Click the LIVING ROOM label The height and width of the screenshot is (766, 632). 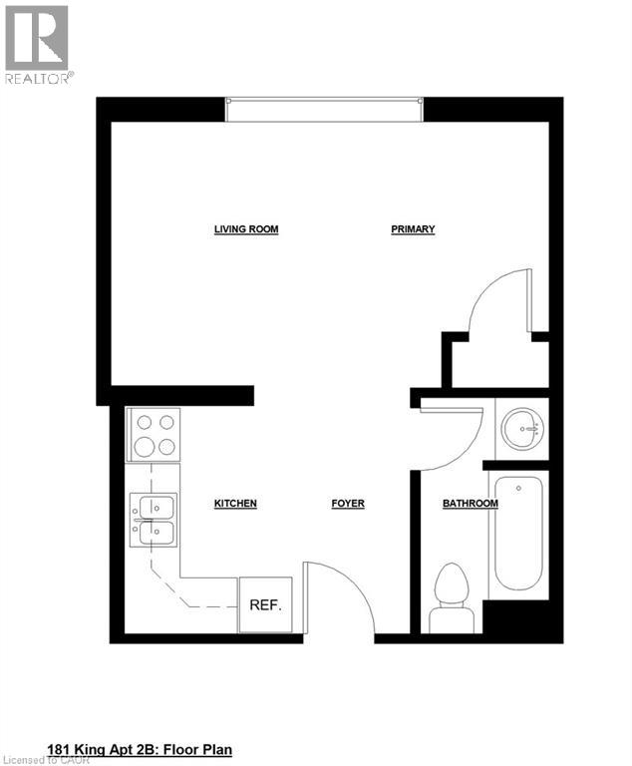click(246, 229)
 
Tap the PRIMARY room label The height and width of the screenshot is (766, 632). click(413, 229)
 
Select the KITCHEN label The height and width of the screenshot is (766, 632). click(235, 504)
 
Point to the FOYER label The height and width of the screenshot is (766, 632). click(348, 504)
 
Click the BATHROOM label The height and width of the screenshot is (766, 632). click(470, 504)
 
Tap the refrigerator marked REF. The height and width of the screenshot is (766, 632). click(265, 604)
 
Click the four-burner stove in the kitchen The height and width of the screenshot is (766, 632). click(153, 435)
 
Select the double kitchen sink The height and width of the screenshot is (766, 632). click(153, 520)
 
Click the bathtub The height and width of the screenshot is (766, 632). click(518, 537)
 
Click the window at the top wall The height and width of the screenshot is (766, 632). click(324, 110)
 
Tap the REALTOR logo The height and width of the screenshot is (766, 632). click(38, 45)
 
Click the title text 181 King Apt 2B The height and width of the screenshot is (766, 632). click(140, 747)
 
